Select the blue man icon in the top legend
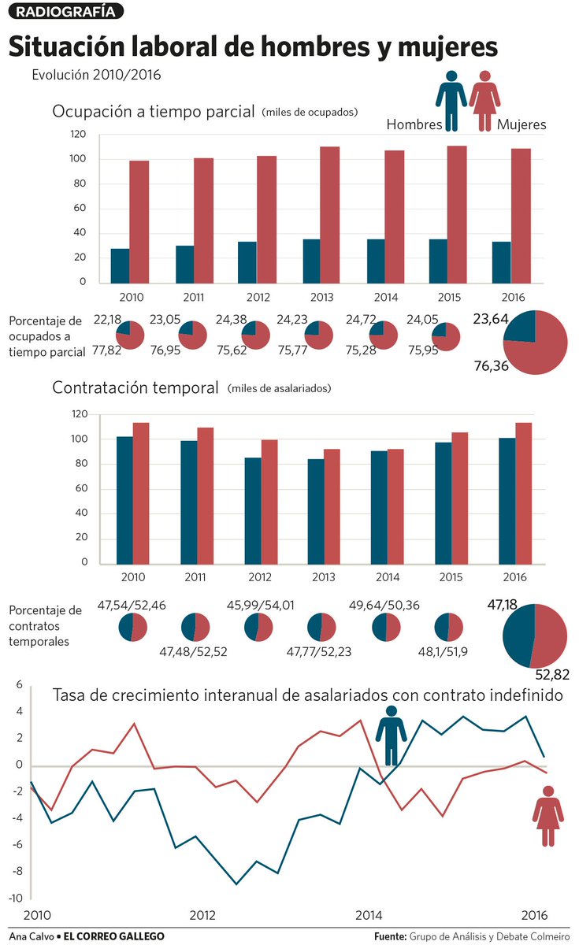click(451, 99)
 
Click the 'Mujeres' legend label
click(521, 124)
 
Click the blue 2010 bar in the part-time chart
click(120, 265)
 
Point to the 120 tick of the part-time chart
click(77, 135)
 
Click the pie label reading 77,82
click(107, 350)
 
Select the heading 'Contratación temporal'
click(135, 387)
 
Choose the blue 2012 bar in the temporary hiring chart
click(252, 510)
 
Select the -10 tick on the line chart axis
click(15, 898)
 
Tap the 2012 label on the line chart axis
click(202, 915)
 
